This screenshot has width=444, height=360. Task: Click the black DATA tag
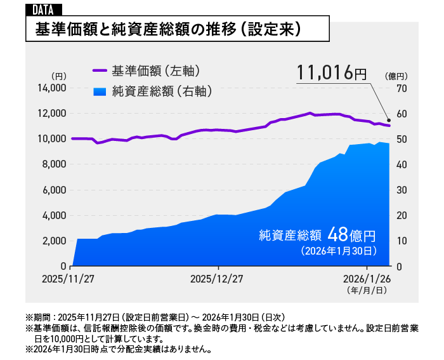pos(42,9)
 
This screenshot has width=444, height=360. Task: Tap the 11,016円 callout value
pos(330,73)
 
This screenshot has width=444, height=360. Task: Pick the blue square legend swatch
pos(100,91)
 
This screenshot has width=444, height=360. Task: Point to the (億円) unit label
pos(395,76)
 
